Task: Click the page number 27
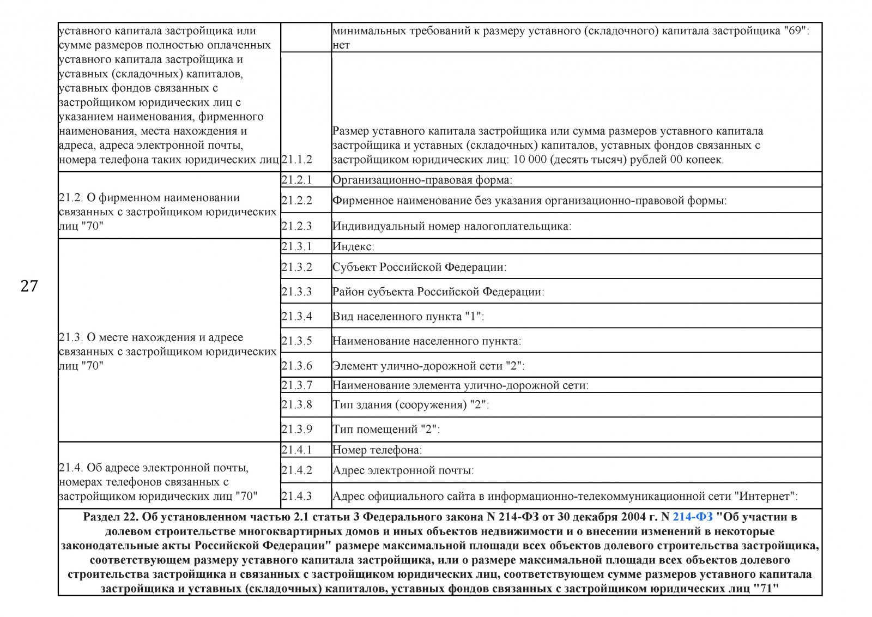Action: (29, 286)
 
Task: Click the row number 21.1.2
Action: (297, 160)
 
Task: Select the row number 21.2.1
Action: (297, 180)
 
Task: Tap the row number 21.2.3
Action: (297, 226)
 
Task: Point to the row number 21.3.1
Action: (297, 246)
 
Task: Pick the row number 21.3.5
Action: (297, 341)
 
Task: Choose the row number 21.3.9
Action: (297, 430)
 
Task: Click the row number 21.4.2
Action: (297, 470)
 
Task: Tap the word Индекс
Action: (353, 246)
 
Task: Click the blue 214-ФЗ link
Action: (692, 517)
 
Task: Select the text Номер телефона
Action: (377, 450)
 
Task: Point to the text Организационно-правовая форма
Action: (422, 180)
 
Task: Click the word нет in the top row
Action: (341, 45)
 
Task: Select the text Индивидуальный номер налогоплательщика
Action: (451, 226)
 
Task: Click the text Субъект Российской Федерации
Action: (419, 267)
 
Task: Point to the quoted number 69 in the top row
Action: (795, 31)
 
